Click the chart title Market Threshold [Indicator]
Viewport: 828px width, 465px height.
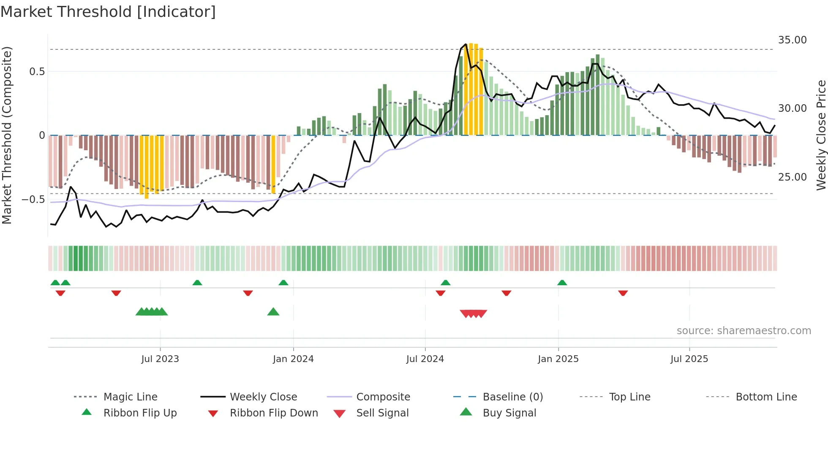tap(108, 12)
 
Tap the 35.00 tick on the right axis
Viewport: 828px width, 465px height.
tap(792, 40)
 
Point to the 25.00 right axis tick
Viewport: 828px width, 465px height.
tap(792, 177)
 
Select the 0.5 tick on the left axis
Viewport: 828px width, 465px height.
tap(37, 72)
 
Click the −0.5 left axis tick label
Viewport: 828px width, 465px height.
tap(33, 199)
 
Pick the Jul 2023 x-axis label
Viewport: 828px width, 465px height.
tap(160, 359)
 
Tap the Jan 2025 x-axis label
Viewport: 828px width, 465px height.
tap(558, 359)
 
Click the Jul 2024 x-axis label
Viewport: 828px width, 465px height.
tap(425, 359)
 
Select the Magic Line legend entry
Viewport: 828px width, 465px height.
tap(130, 397)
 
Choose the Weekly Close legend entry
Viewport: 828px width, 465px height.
tap(263, 397)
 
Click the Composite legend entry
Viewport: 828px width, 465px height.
tap(383, 397)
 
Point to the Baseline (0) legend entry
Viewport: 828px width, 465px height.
tap(512, 397)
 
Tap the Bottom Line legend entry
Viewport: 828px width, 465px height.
tap(766, 397)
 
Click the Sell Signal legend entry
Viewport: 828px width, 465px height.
tap(382, 413)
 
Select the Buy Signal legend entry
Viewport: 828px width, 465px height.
tap(509, 413)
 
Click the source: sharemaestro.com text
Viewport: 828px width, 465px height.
tap(744, 331)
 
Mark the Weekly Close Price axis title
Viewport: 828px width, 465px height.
tap(821, 135)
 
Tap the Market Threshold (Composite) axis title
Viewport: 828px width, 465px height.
tap(7, 135)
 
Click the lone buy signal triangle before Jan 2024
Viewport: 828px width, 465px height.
tap(273, 312)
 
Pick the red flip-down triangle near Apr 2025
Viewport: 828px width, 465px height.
tap(623, 293)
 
